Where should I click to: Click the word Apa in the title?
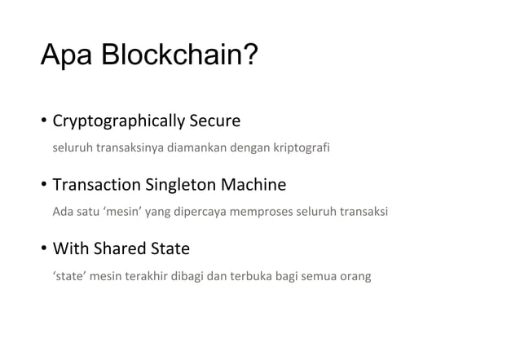pyautogui.click(x=68, y=55)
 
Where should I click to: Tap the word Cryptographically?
pyautogui.click(x=117, y=122)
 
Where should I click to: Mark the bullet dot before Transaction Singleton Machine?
pyautogui.click(x=44, y=186)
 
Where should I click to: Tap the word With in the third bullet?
pyautogui.click(x=68, y=248)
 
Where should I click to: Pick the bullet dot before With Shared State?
pyautogui.click(x=44, y=248)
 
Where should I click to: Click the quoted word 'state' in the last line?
pyautogui.click(x=69, y=276)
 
